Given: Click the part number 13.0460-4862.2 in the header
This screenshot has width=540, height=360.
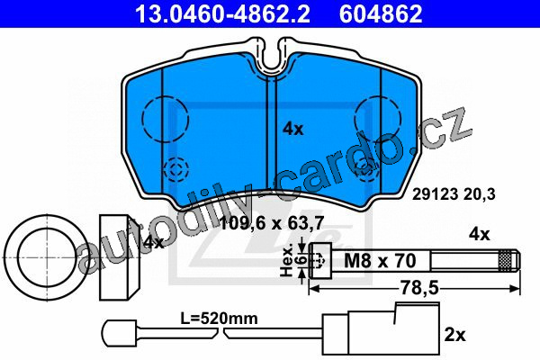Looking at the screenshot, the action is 222,13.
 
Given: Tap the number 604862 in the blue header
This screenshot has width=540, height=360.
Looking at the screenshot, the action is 381,13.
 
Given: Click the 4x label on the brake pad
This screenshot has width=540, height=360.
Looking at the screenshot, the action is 293,130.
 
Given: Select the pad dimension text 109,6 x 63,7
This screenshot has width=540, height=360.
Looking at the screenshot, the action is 272,224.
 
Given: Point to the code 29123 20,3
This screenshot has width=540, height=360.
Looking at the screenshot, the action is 454,194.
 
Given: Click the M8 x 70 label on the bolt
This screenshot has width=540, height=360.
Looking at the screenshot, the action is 380,260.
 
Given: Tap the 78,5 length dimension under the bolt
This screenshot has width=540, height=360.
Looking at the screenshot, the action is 419,288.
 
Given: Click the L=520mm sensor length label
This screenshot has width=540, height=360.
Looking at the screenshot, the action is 219,319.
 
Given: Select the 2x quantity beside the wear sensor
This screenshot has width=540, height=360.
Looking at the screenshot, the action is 454,335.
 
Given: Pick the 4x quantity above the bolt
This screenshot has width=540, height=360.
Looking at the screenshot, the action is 479,234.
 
